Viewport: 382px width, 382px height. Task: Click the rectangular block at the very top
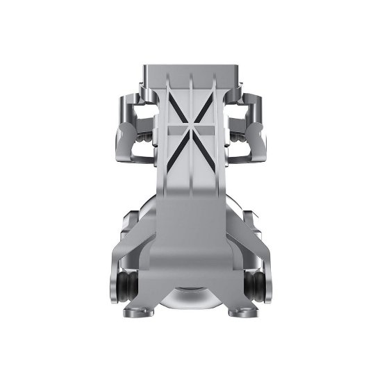(191, 73)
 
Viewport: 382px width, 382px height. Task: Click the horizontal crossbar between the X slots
(191, 128)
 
